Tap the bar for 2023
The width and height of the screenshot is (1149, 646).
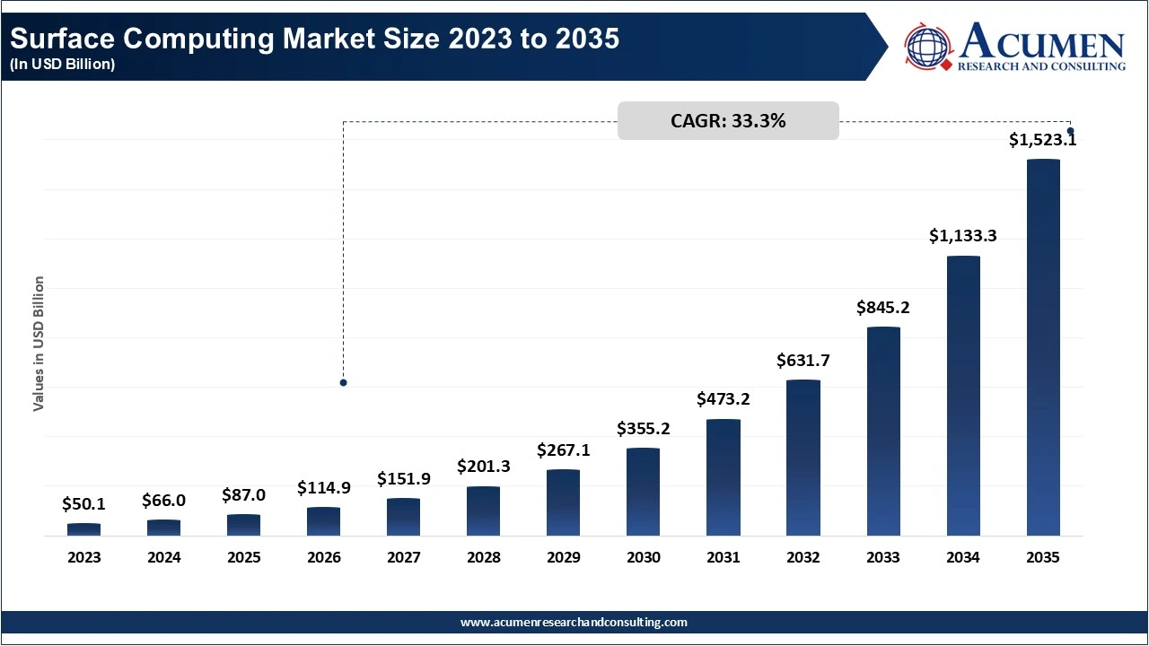pyautogui.click(x=83, y=529)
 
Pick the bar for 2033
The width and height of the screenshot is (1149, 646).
pyautogui.click(x=883, y=432)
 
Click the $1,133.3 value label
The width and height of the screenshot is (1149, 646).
pyautogui.click(x=963, y=236)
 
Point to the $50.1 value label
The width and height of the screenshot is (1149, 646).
pyautogui.click(x=83, y=504)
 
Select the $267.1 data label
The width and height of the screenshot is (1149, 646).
pyautogui.click(x=564, y=450)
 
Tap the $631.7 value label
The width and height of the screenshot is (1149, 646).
pyautogui.click(x=803, y=361)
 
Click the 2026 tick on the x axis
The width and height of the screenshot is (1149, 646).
pyautogui.click(x=324, y=557)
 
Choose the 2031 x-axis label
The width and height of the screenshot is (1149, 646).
pyautogui.click(x=724, y=557)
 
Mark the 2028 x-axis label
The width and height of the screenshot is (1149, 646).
pyautogui.click(x=484, y=557)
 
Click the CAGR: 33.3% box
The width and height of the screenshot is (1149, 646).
pyautogui.click(x=728, y=121)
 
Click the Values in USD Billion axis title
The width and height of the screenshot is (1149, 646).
pyautogui.click(x=39, y=344)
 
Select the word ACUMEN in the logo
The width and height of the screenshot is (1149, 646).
pyautogui.click(x=1041, y=41)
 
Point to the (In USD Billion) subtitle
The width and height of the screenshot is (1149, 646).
pyautogui.click(x=63, y=65)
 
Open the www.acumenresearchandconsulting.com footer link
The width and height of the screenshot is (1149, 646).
pyautogui.click(x=574, y=622)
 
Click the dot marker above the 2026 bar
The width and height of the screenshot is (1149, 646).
pyautogui.click(x=343, y=383)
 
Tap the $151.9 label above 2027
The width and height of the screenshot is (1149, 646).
pyautogui.click(x=404, y=479)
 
